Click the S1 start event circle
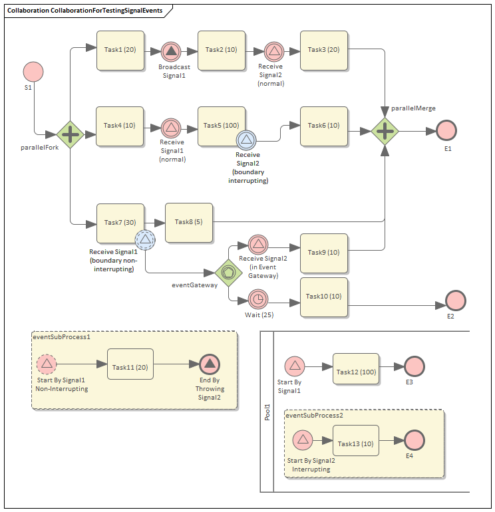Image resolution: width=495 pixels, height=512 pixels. click(33, 72)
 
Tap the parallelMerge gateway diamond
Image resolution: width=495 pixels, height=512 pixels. click(385, 132)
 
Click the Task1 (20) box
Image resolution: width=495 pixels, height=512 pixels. click(120, 51)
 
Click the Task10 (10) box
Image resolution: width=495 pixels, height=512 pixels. click(325, 297)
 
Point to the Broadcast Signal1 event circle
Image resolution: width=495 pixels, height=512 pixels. click(171, 51)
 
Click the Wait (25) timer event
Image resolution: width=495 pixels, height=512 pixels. click(257, 299)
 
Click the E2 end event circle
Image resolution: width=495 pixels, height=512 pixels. click(456, 300)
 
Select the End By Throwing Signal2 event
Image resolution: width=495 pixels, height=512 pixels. click(210, 364)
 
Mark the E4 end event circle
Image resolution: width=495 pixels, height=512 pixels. click(414, 440)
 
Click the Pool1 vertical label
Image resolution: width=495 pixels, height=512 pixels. click(267, 412)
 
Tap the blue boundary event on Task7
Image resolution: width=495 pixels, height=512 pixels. click(145, 239)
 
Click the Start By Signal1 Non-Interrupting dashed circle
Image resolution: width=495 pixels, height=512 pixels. click(47, 364)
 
